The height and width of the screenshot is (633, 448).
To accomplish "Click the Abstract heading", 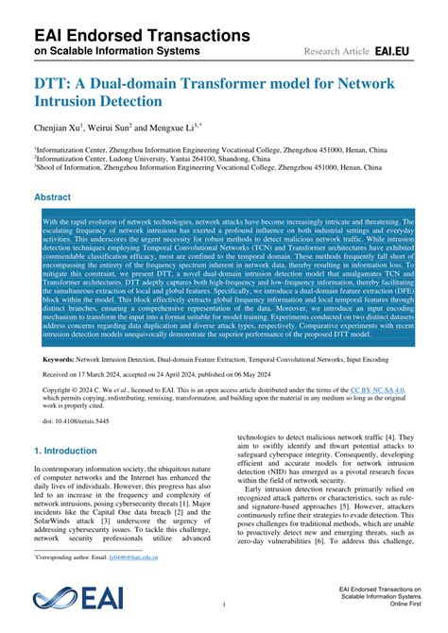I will click(52, 197).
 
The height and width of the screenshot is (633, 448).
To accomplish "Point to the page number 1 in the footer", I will click(223, 603).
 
